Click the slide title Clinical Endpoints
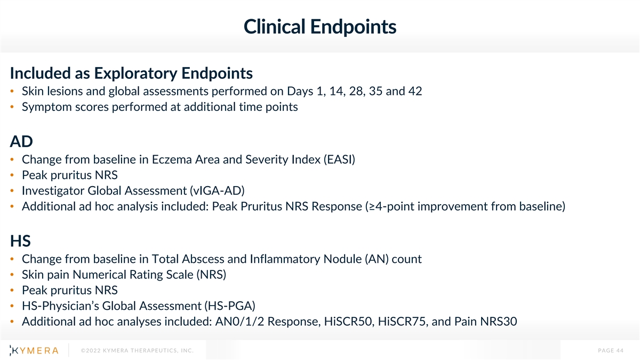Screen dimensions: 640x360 (x=319, y=27)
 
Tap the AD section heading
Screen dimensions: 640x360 (x=21, y=141)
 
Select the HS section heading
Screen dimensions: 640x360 (x=20, y=241)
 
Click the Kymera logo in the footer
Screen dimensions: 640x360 (x=34, y=350)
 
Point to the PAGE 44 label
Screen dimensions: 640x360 (x=611, y=350)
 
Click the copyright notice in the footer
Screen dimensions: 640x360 (x=137, y=350)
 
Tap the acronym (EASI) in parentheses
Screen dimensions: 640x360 (x=339, y=159)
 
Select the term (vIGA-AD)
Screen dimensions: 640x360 (x=218, y=190)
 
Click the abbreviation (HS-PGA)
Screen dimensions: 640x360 (x=230, y=306)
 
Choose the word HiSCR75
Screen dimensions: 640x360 (x=403, y=322)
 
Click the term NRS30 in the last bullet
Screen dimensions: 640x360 (x=499, y=322)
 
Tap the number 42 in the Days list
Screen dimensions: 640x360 (x=415, y=91)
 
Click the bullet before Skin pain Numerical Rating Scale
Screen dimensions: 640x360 (x=12, y=275)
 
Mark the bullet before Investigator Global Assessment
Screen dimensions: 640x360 (x=12, y=191)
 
